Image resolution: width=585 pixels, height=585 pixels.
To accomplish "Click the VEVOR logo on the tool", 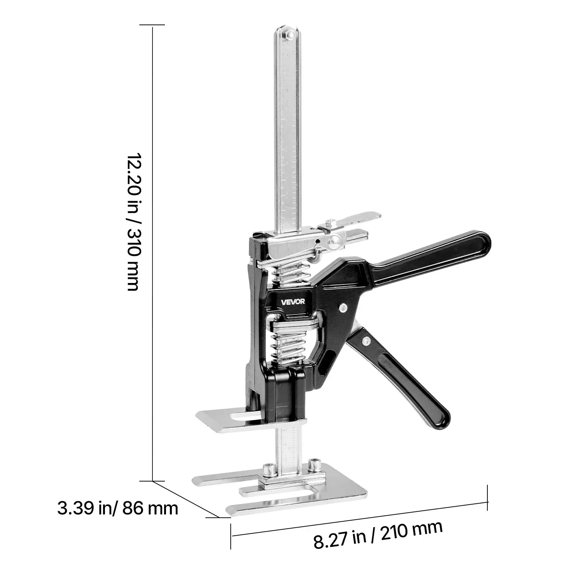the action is (x=293, y=302).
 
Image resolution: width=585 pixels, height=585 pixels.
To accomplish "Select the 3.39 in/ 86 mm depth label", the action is (x=118, y=508).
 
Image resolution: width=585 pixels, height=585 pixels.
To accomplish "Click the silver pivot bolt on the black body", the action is (x=343, y=308).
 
